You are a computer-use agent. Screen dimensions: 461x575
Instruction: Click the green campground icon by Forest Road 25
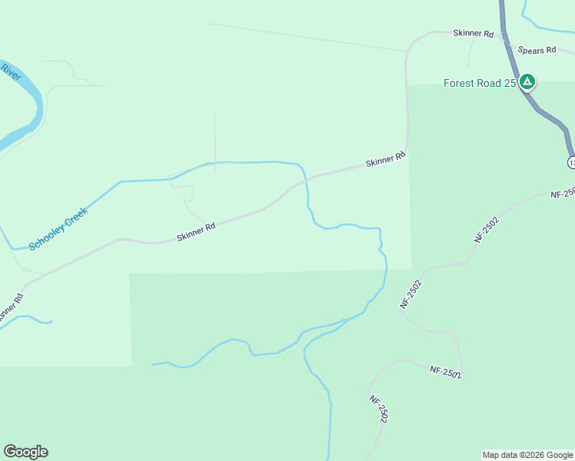[527, 82]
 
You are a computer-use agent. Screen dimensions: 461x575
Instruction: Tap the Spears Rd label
[537, 50]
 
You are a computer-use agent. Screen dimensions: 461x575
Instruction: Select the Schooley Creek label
[58, 227]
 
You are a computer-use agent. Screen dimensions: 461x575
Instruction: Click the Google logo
[25, 452]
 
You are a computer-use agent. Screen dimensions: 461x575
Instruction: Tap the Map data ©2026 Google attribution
[527, 455]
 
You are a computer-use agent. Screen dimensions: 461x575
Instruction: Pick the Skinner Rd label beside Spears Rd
[473, 33]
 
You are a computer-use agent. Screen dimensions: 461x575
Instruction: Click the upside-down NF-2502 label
[445, 372]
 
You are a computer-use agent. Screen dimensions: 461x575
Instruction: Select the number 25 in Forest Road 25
[510, 83]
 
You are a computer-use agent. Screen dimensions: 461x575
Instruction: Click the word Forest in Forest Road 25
[460, 83]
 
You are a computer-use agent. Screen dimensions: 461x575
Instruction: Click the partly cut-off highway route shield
[571, 162]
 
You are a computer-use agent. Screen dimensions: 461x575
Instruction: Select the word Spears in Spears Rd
[531, 50]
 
